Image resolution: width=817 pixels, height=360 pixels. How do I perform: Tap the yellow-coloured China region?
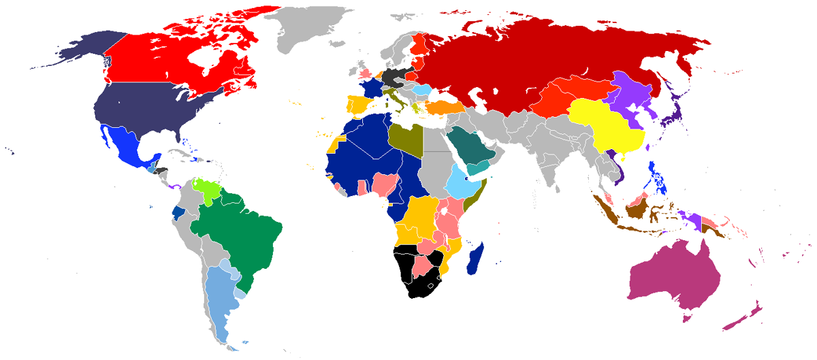pos(606,126)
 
